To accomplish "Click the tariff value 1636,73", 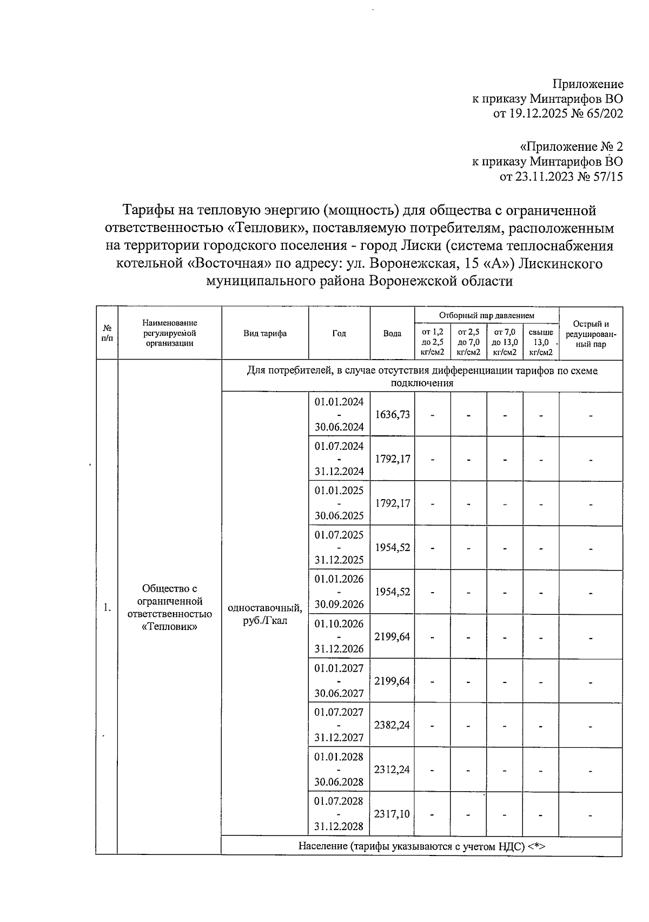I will point(392,414).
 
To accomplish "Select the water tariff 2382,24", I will point(392,725).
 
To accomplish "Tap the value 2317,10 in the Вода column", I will point(392,813).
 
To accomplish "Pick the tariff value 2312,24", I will point(392,769).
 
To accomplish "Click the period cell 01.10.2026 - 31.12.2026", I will point(339,636).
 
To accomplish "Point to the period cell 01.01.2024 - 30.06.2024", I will point(339,414).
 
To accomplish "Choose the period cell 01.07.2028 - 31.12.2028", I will point(339,813).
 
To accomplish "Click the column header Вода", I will point(392,334).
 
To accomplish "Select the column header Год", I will point(339,334).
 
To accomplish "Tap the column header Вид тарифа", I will point(265,334).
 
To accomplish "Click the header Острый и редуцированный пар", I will point(591,334).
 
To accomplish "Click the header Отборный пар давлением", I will point(486,315).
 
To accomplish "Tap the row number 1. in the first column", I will point(107,607).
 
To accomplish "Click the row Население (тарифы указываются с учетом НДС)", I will point(421,846).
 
